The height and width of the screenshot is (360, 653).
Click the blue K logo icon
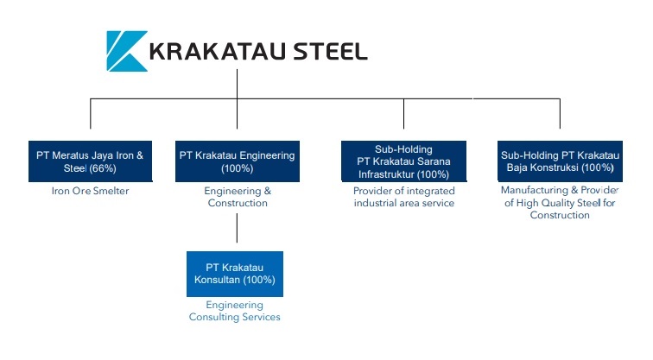tap(124, 50)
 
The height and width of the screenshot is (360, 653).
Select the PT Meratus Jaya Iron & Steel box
tap(91, 161)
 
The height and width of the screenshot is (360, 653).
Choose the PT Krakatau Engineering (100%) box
tap(237, 161)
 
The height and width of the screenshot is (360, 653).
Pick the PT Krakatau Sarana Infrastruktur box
tap(403, 161)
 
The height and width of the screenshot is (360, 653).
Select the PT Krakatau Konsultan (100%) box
tap(235, 274)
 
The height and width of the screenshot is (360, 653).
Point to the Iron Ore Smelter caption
tap(90, 191)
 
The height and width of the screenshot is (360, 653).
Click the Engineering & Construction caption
tap(237, 197)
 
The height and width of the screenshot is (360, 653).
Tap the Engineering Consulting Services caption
tap(235, 311)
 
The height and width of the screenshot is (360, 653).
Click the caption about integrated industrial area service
tap(403, 197)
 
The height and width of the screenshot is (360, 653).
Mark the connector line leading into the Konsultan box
tap(237, 231)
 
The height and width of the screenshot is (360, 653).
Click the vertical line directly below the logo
tap(237, 85)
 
